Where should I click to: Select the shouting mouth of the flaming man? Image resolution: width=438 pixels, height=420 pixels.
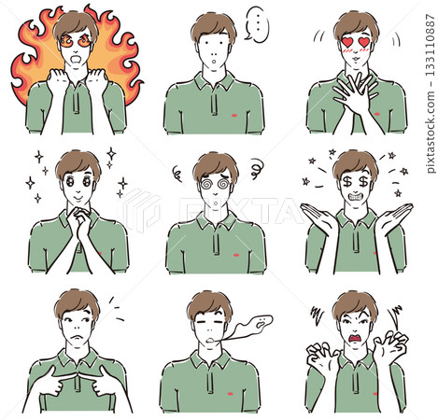(76, 59)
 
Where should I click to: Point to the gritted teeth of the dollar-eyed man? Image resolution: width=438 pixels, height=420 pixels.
(355, 197)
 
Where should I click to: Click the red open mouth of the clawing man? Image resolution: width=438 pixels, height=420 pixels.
(356, 338)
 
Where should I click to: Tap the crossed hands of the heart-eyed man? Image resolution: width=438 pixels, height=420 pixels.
(356, 91)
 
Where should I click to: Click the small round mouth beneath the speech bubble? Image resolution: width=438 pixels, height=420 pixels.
(214, 61)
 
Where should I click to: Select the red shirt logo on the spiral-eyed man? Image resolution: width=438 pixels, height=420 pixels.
(236, 255)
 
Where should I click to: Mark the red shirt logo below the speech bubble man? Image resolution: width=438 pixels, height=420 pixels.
(235, 116)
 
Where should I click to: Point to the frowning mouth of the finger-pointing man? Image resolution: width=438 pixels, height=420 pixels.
(75, 337)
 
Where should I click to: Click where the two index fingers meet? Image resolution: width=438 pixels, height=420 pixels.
(78, 376)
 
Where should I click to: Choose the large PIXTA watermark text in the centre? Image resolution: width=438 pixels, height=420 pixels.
(240, 210)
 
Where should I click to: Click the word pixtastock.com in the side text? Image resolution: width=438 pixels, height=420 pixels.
(430, 132)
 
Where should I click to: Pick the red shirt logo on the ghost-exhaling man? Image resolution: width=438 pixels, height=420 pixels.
(231, 394)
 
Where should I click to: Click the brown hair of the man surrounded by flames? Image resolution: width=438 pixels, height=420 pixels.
(76, 25)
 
